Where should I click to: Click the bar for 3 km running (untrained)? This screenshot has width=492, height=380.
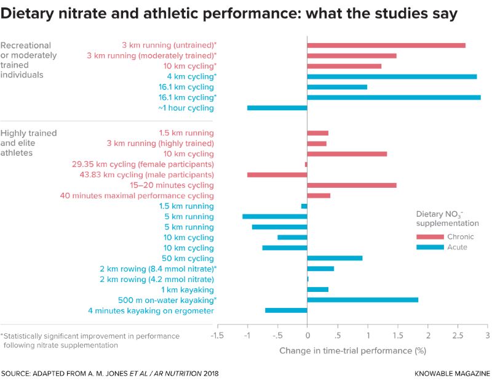click(x=386, y=45)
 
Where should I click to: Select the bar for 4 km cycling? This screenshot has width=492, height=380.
click(x=392, y=76)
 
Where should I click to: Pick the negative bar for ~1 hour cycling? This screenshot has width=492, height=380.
click(x=277, y=108)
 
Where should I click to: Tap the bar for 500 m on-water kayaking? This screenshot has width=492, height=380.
click(x=362, y=300)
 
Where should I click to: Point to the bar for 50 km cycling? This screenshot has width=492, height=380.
click(x=335, y=258)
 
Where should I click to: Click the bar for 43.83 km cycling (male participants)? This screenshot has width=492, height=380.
click(x=277, y=175)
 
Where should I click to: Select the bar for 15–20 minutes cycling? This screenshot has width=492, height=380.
click(x=352, y=185)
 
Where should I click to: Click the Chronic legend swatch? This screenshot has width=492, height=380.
click(x=430, y=236)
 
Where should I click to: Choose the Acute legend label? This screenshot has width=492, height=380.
click(x=457, y=247)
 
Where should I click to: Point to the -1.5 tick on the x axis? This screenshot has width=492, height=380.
click(x=216, y=336)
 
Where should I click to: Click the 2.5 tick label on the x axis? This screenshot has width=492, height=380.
click(x=457, y=336)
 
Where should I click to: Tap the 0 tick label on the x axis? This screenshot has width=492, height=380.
click(x=307, y=336)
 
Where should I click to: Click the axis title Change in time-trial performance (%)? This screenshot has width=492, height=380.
click(x=352, y=350)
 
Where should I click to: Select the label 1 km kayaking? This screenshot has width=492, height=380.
click(x=188, y=289)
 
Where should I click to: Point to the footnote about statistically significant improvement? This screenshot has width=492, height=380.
click(x=90, y=341)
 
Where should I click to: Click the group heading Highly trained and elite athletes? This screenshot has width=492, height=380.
click(x=28, y=143)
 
